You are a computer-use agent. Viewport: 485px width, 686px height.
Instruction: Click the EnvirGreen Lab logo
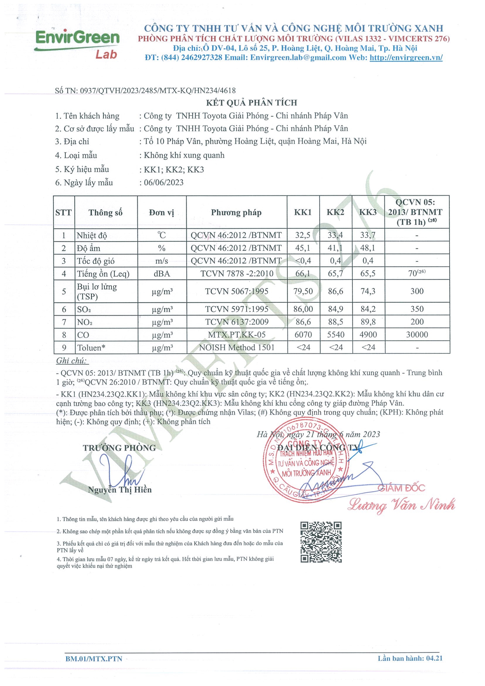click(77, 44)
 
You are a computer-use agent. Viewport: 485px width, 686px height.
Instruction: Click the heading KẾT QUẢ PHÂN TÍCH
click(251, 103)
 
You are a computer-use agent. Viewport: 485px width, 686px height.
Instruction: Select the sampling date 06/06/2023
click(163, 182)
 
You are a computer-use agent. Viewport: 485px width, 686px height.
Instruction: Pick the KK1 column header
click(303, 212)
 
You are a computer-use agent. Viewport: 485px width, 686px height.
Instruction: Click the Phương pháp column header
click(236, 213)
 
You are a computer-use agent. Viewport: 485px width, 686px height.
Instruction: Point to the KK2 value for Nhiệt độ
click(335, 235)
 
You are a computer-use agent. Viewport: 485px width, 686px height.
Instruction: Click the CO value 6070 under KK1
click(303, 335)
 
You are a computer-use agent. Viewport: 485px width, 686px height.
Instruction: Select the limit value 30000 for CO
click(417, 335)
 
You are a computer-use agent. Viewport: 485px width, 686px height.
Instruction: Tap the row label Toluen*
click(91, 348)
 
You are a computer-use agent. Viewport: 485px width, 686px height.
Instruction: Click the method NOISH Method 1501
click(236, 347)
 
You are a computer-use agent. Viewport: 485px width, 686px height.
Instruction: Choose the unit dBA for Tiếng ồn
click(162, 274)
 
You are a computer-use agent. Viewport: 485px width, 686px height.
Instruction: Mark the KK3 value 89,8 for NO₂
click(368, 322)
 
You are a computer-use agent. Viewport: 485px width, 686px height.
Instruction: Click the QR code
click(321, 542)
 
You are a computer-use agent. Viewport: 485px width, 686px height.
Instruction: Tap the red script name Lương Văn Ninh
click(401, 505)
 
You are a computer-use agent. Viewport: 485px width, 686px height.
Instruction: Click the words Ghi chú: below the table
click(71, 361)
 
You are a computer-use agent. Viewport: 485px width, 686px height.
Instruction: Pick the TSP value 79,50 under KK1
click(303, 291)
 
